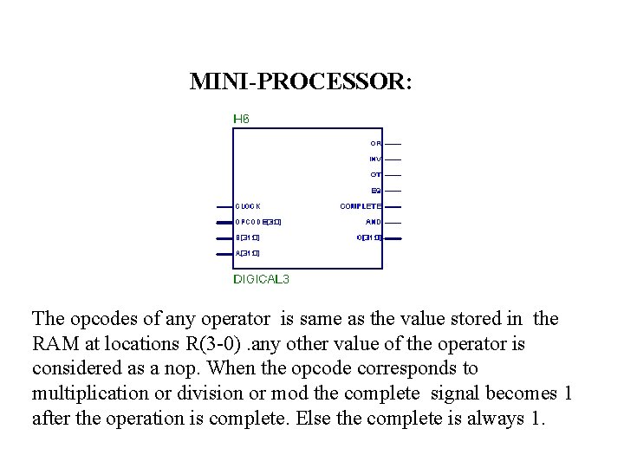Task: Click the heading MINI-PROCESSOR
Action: pos(301,82)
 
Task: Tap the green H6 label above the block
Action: pos(241,119)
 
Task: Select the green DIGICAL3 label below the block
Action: pos(262,279)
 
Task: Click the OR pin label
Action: pos(375,143)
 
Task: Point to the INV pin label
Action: pos(375,159)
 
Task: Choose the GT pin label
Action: pos(376,174)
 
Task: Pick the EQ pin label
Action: pos(376,190)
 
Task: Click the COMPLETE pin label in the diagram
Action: pos(361,206)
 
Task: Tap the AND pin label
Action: pos(374,221)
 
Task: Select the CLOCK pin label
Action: pos(248,206)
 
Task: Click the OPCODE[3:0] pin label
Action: pos(257,222)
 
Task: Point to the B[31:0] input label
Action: pos(247,237)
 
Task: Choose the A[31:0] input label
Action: pos(247,253)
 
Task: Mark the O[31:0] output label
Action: pos(368,237)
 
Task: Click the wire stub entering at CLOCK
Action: pos(224,206)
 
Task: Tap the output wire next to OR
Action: pos(393,143)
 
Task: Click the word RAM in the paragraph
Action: pos(55,344)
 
